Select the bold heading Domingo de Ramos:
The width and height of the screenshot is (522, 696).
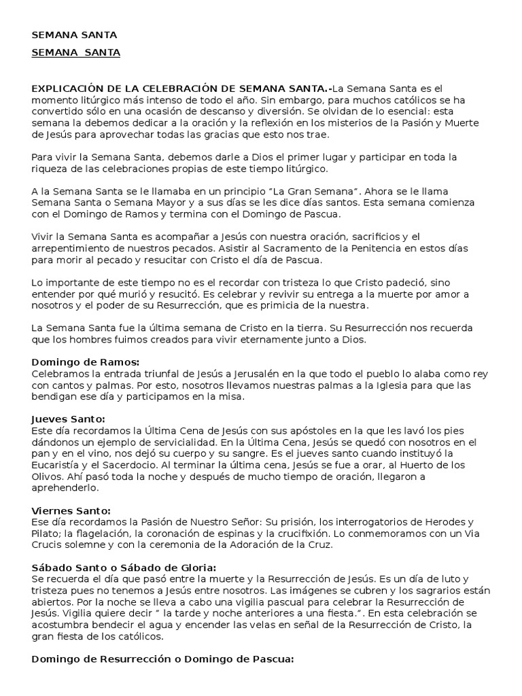click(85, 362)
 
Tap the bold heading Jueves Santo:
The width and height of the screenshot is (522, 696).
click(69, 419)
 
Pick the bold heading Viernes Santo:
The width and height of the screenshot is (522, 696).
click(71, 510)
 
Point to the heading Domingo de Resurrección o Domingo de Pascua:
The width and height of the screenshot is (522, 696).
click(162, 659)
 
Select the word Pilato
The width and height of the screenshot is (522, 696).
click(46, 534)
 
